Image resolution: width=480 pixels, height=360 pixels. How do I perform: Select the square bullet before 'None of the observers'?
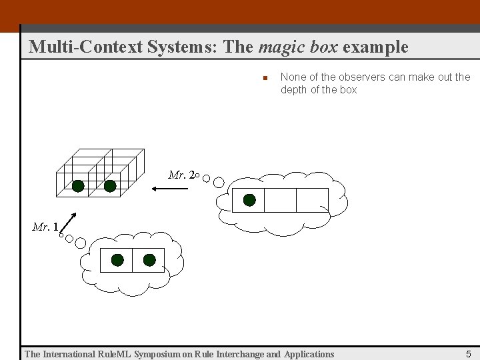pyautogui.click(x=264, y=78)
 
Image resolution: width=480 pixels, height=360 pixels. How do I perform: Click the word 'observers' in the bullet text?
pyautogui.click(x=354, y=77)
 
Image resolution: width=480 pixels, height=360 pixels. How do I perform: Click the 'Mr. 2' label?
pyautogui.click(x=181, y=175)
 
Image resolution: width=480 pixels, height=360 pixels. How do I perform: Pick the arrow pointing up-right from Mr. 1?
pyautogui.click(x=70, y=223)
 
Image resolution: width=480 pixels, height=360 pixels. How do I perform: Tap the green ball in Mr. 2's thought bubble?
pyautogui.click(x=249, y=199)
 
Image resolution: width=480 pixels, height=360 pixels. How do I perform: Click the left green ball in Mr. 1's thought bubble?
pyautogui.click(x=117, y=260)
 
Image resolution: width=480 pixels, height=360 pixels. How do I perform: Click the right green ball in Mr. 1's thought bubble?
pyautogui.click(x=149, y=260)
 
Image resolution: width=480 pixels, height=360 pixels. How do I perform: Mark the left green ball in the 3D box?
pyautogui.click(x=78, y=186)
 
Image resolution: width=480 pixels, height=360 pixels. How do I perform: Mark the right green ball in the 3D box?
pyautogui.click(x=110, y=186)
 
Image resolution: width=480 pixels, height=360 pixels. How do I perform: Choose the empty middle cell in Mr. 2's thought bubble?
pyautogui.click(x=280, y=200)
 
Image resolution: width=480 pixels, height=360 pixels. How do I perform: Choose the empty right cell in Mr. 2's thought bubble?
pyautogui.click(x=312, y=200)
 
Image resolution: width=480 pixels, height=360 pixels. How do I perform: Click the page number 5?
pyautogui.click(x=469, y=354)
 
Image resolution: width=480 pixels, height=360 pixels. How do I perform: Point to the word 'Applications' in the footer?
pyautogui.click(x=309, y=354)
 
